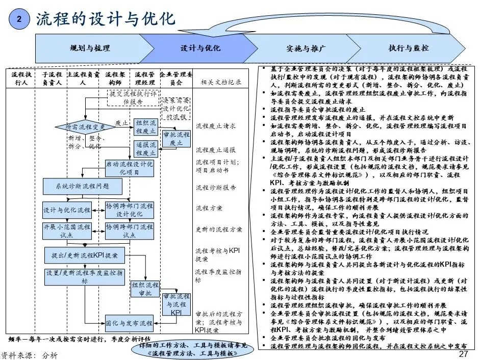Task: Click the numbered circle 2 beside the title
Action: click(x=19, y=19)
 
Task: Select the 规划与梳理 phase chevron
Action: click(x=89, y=48)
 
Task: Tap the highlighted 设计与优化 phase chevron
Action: click(x=200, y=48)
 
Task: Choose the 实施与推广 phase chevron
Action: click(x=304, y=48)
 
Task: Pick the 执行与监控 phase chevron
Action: click(x=409, y=48)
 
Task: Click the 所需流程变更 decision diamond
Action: click(x=86, y=127)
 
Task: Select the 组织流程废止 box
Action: click(x=146, y=127)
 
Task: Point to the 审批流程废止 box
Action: click(x=176, y=139)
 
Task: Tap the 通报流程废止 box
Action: click(x=146, y=149)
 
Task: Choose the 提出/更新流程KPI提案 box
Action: click(x=84, y=254)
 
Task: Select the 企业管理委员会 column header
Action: click(x=175, y=78)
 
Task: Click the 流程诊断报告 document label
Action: click(x=216, y=188)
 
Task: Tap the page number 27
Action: click(x=463, y=354)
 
